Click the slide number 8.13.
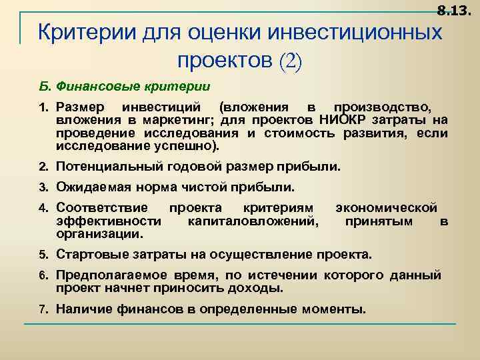(453, 10)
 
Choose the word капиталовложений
(253, 221)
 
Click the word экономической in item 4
(386, 208)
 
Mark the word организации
(99, 234)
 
